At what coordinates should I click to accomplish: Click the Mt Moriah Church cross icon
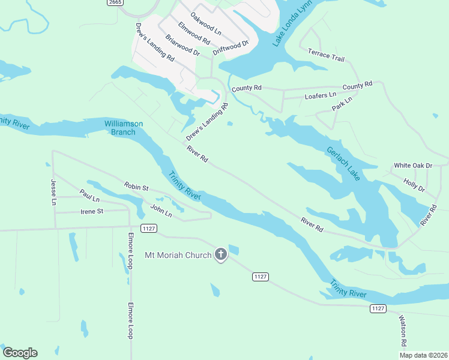(221, 255)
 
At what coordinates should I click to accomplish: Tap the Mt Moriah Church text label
(178, 255)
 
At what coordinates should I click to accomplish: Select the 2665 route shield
(116, 3)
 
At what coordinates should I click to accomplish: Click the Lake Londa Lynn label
(286, 29)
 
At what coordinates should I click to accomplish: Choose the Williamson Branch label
(124, 128)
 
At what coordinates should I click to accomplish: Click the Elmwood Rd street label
(193, 34)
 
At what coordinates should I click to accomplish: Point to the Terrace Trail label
(326, 56)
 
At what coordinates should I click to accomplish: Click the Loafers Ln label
(321, 95)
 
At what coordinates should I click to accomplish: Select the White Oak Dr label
(413, 165)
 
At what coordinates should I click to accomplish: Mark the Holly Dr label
(414, 185)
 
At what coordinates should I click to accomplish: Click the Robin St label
(136, 187)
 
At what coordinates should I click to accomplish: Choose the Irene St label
(92, 211)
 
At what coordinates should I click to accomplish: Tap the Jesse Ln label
(53, 192)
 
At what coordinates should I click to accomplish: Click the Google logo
(20, 353)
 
